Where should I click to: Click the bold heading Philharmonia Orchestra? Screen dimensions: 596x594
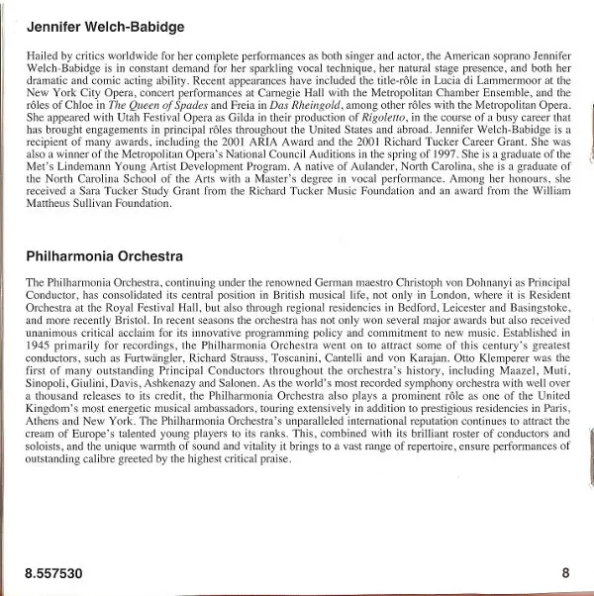(x=104, y=256)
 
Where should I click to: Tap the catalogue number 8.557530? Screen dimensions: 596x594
(x=54, y=573)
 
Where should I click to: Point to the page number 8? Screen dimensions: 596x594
(x=565, y=573)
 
